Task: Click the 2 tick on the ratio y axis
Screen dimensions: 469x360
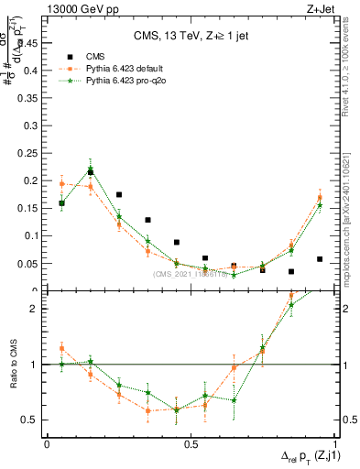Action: click(37, 309)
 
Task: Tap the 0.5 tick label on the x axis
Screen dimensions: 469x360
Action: click(191, 444)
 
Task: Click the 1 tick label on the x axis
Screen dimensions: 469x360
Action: click(334, 444)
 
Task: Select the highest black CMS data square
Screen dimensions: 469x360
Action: click(90, 172)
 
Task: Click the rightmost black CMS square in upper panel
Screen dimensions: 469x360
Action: click(320, 259)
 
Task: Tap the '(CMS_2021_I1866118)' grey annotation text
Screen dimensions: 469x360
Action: click(190, 273)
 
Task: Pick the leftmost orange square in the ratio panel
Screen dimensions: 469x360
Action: click(61, 348)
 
